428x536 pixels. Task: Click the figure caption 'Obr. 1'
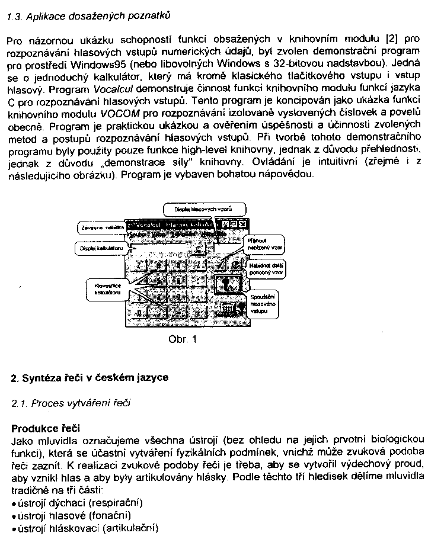tap(181, 339)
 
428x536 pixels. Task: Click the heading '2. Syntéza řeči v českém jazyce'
tap(90, 377)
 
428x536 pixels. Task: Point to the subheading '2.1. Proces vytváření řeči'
tap(71, 403)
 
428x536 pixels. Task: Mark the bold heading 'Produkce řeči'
tap(46, 428)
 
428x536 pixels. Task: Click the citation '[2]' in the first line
tap(391, 40)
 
